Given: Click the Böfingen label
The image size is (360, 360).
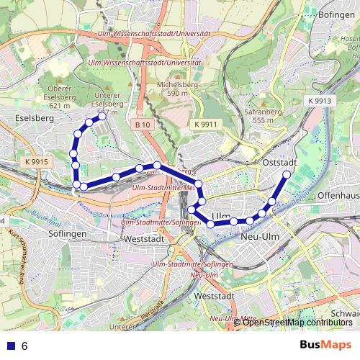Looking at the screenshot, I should pos(333,14).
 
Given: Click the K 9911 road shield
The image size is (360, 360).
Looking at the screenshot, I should pos(204,125).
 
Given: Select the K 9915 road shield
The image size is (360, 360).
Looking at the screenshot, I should pos(35,163).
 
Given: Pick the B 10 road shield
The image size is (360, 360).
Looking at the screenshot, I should pos(143,125).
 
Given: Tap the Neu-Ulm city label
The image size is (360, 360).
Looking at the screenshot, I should pos(261,235).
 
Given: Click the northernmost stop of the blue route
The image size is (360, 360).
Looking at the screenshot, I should pos(102,116).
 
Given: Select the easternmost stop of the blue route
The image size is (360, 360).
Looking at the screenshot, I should pos(287,174).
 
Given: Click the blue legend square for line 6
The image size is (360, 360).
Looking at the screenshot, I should pos(9,346).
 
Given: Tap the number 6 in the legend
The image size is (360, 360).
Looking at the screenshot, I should pos(24,346).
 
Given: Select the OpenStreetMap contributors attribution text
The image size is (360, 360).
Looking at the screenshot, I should pos(297,322).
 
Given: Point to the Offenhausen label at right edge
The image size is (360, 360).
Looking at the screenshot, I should pos(338,195).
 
